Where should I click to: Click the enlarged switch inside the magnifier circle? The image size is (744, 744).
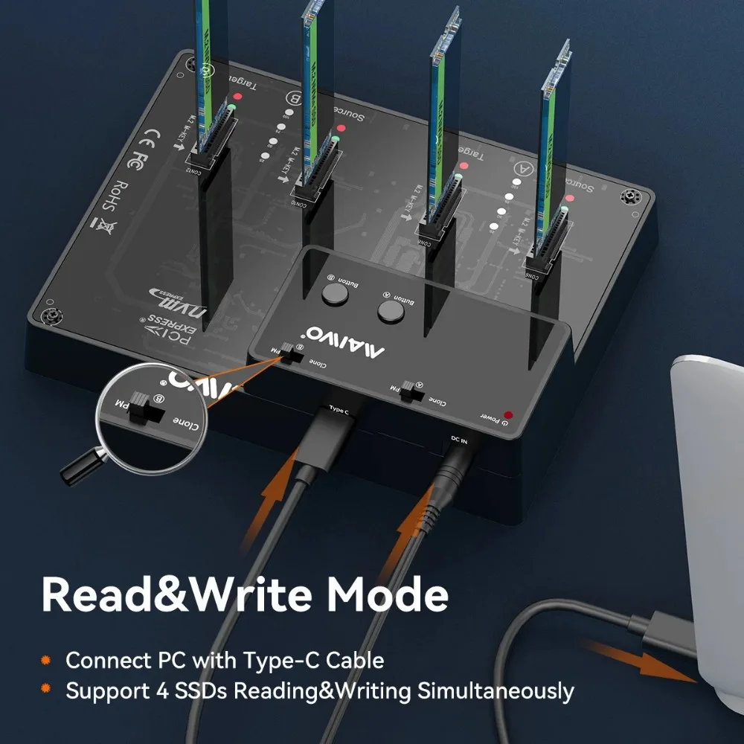tap(141, 407)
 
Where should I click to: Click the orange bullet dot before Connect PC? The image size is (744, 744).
tap(46, 660)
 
